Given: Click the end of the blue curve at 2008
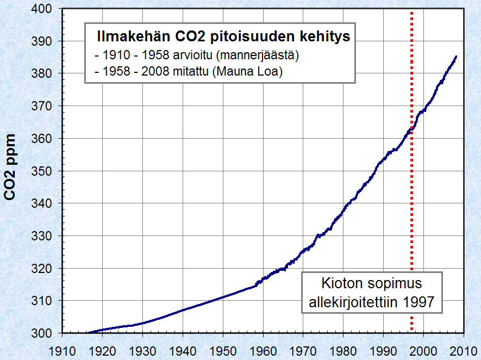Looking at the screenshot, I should (x=456, y=57).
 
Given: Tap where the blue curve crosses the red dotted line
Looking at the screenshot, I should (x=411, y=129).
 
